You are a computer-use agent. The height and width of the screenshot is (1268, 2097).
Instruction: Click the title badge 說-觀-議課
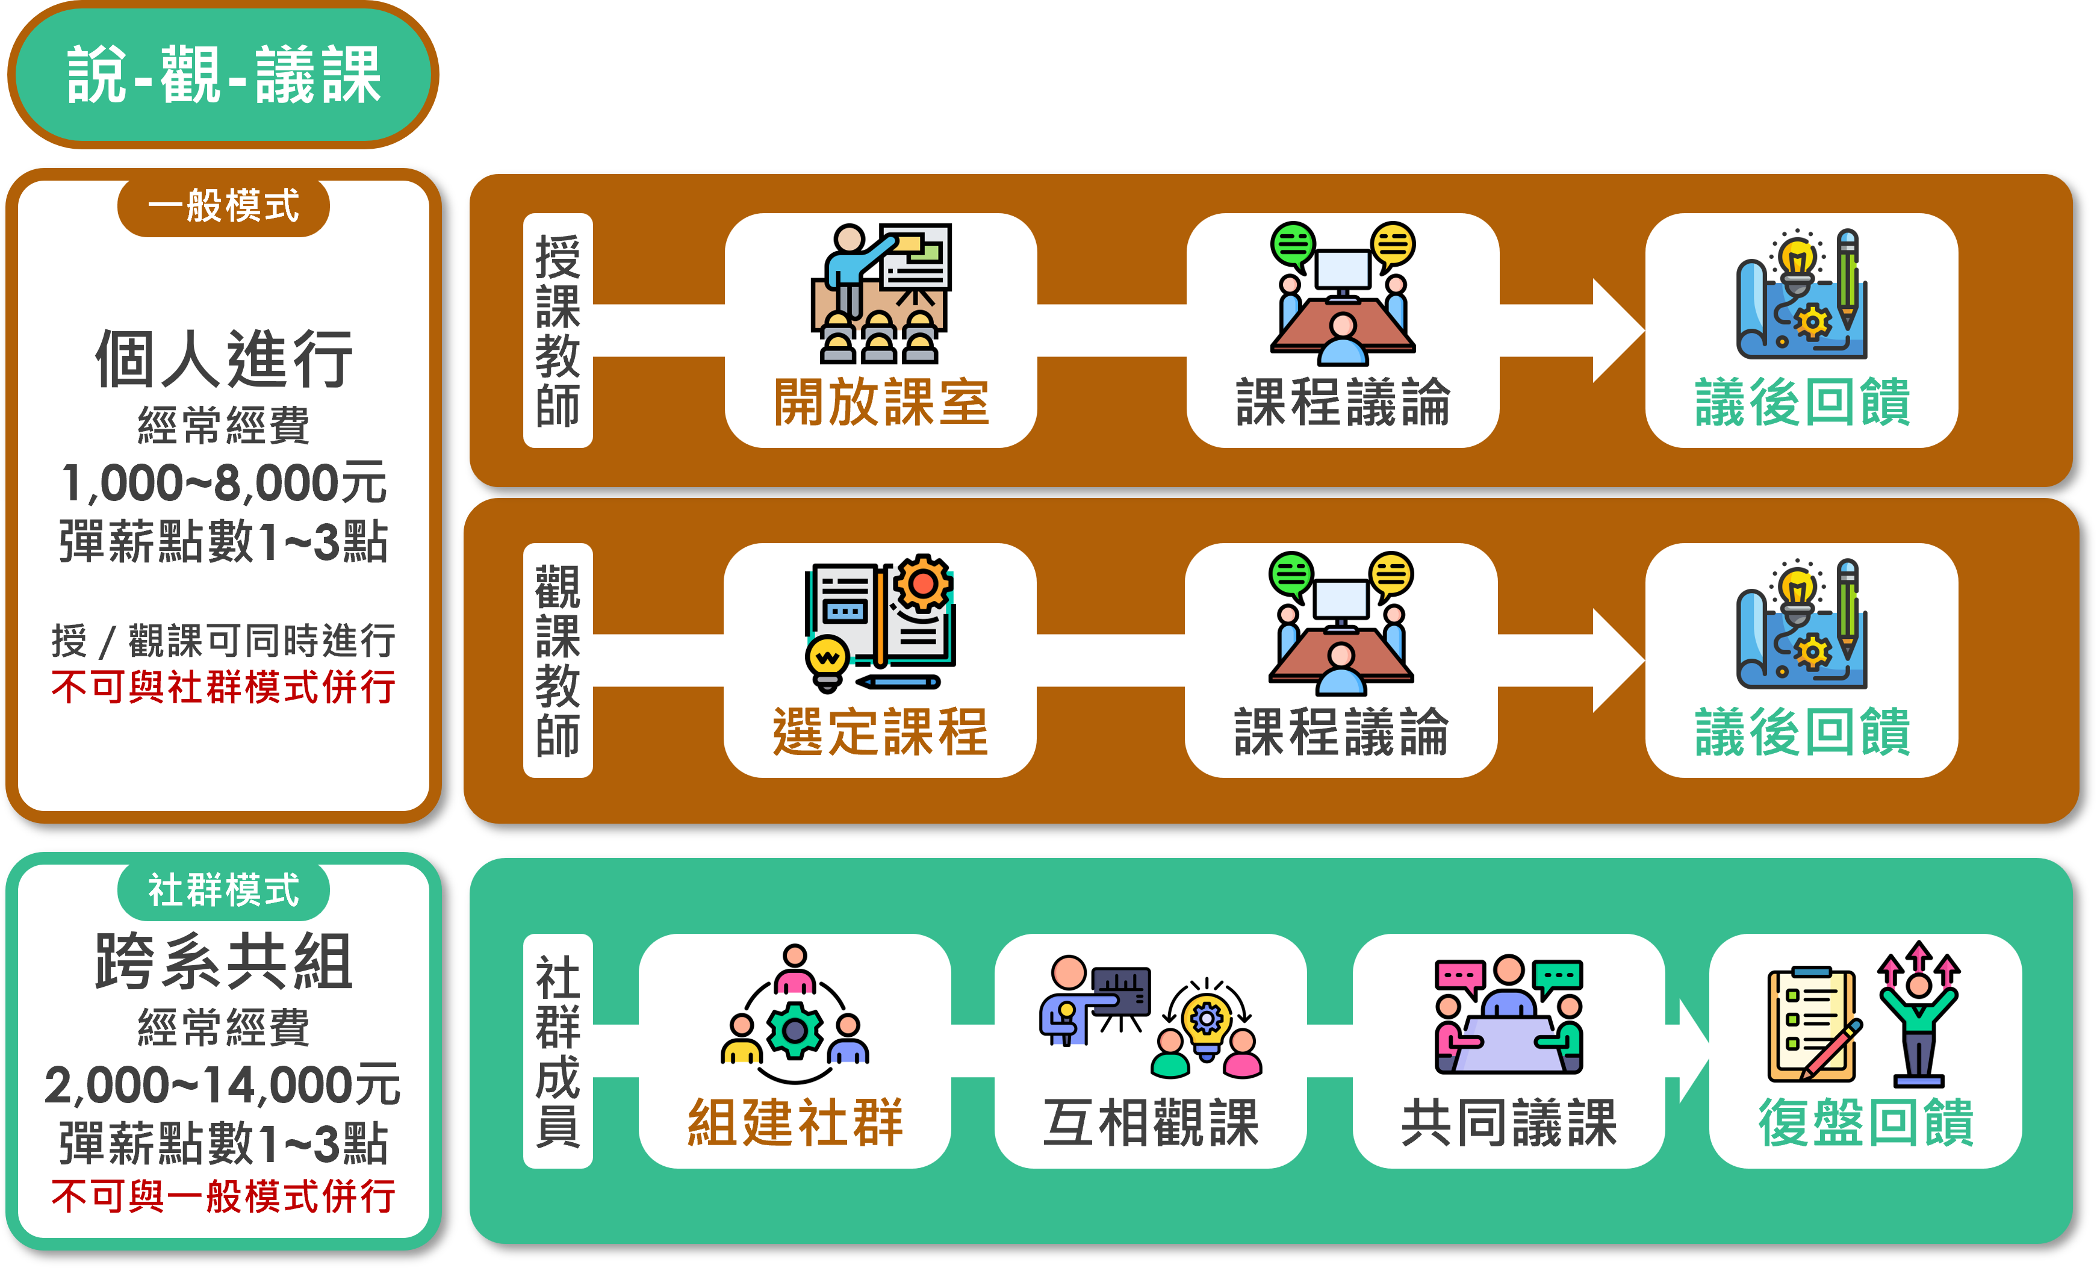click(x=223, y=75)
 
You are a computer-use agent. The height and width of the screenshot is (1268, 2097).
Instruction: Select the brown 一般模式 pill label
click(x=223, y=207)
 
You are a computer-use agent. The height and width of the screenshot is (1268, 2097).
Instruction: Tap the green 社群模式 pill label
click(x=223, y=890)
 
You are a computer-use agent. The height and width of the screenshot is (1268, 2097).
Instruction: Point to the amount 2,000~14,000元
click(x=223, y=1084)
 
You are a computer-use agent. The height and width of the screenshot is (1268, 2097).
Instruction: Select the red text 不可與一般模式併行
click(x=223, y=1196)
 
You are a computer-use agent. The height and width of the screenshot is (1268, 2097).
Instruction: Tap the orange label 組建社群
click(x=795, y=1122)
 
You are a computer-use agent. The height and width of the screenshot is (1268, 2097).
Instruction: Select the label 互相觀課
click(x=1151, y=1122)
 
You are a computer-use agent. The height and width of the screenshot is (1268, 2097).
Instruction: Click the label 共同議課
click(x=1508, y=1122)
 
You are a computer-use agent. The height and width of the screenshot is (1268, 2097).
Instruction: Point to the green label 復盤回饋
click(x=1866, y=1122)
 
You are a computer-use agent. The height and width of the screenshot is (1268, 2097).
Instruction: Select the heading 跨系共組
click(x=223, y=962)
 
